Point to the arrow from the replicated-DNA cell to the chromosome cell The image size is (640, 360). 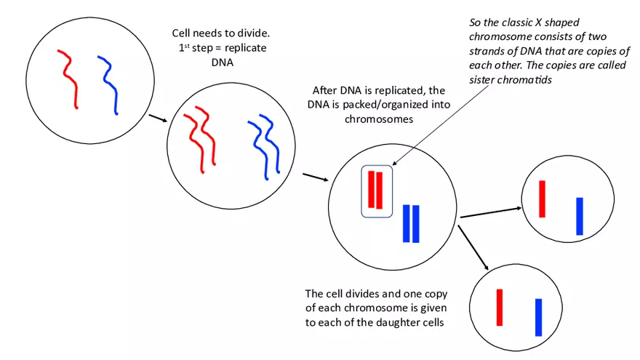pyautogui.click(x=314, y=177)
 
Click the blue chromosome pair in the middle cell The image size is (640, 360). pyautogui.click(x=411, y=223)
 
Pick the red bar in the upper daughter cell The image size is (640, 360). pyautogui.click(x=542, y=199)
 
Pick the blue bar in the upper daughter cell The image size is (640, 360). pyautogui.click(x=580, y=216)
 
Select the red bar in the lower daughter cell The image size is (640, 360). pyautogui.click(x=500, y=307)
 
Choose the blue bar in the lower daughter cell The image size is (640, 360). pyautogui.click(x=539, y=317)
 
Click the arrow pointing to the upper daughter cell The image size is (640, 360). pyautogui.click(x=491, y=212)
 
